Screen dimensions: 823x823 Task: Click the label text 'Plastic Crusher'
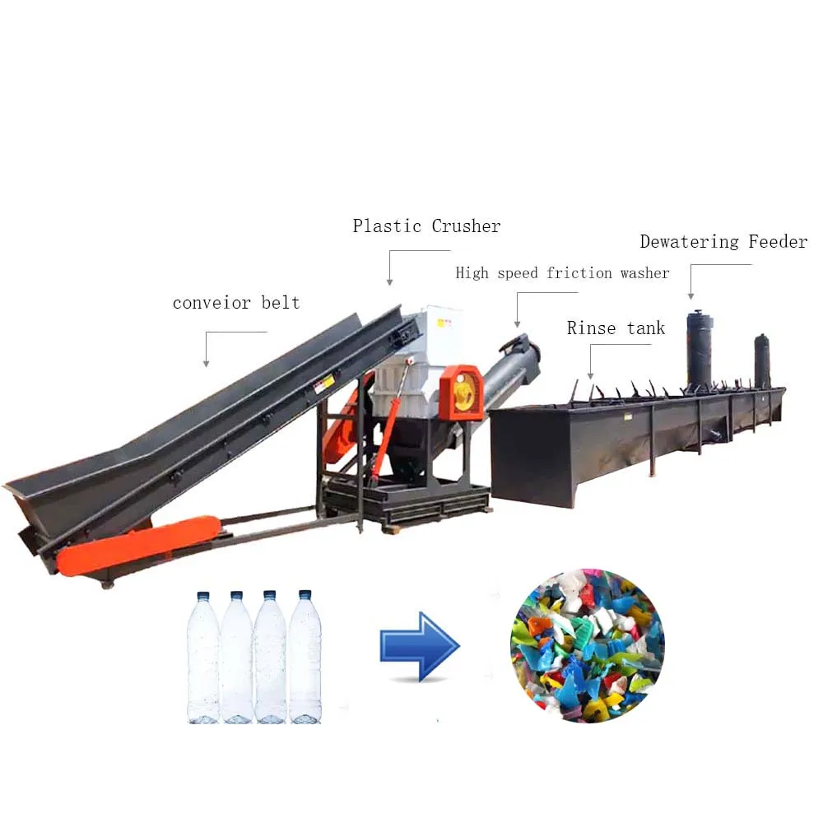[426, 226]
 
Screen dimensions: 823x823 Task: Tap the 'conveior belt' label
[236, 303]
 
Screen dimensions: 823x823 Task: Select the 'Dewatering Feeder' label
[723, 242]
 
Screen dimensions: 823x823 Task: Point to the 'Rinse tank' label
[616, 328]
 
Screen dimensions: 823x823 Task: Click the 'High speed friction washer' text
[562, 273]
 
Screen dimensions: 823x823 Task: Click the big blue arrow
[419, 646]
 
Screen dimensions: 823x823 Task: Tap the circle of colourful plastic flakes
[587, 645]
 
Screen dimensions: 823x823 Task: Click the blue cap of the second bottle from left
[237, 595]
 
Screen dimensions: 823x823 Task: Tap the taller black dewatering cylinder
[700, 350]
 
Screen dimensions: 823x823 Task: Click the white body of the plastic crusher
[416, 354]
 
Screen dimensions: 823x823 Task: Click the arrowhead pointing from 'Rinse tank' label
[590, 376]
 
